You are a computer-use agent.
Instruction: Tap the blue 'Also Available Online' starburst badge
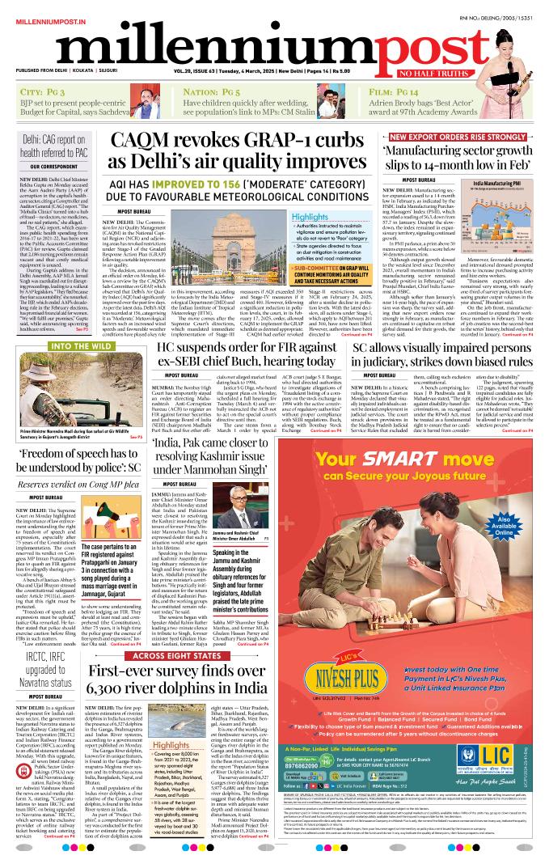pos(505,523)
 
